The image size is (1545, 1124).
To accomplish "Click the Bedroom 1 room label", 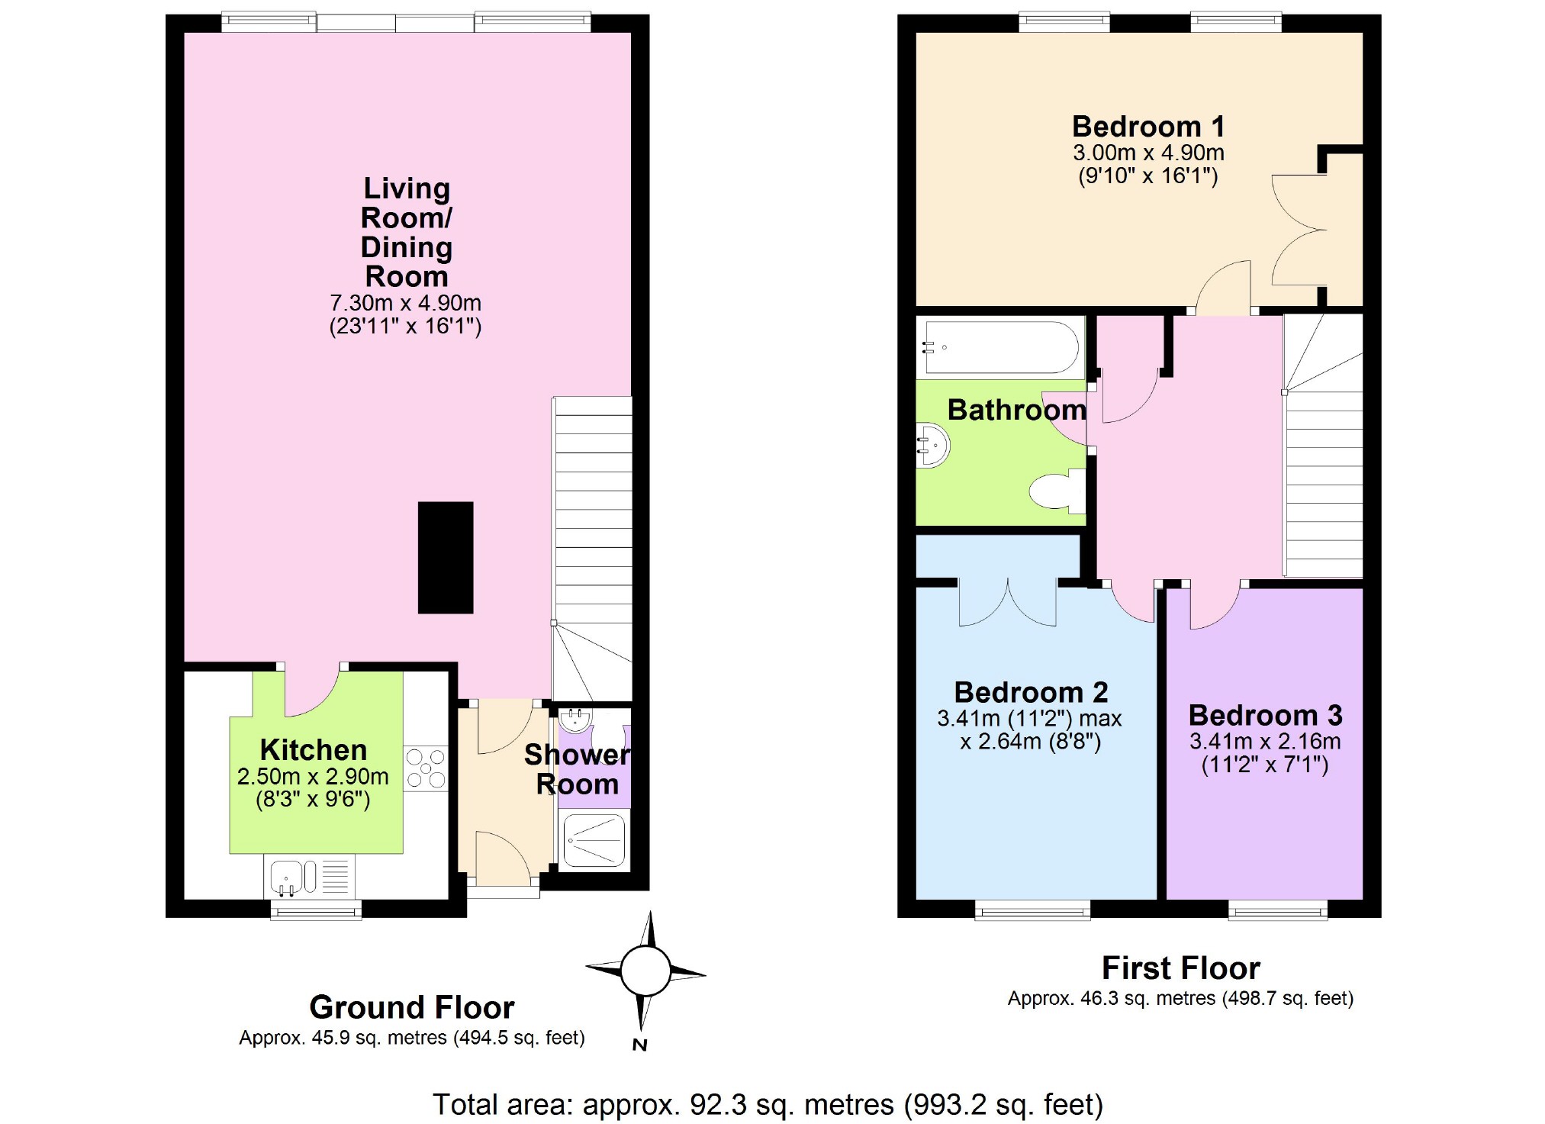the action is pos(1148,126).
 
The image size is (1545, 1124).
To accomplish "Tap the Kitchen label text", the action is pos(314,750).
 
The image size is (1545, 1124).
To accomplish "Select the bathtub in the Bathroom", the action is pos(1002,348).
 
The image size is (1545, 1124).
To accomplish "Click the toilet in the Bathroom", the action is pos(1057,491).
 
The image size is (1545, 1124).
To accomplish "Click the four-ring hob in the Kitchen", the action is pos(426,768).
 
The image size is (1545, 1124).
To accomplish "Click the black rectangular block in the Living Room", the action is pos(446,558).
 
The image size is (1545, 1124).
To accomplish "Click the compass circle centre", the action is pos(645,971).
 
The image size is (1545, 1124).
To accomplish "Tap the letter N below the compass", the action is pos(640,1045).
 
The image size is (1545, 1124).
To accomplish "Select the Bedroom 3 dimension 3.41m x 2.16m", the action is pos(1265,741).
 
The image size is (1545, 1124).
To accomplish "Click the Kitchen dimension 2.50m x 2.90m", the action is pos(313,777).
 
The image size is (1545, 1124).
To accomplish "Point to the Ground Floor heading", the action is pos(412,1007).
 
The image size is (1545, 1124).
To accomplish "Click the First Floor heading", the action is pos(1181,968).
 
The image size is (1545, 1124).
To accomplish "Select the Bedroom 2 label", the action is pos(1031,692).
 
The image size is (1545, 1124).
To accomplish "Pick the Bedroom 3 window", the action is pos(1277,909).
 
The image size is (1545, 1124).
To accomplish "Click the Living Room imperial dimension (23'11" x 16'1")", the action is pos(405,327).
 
